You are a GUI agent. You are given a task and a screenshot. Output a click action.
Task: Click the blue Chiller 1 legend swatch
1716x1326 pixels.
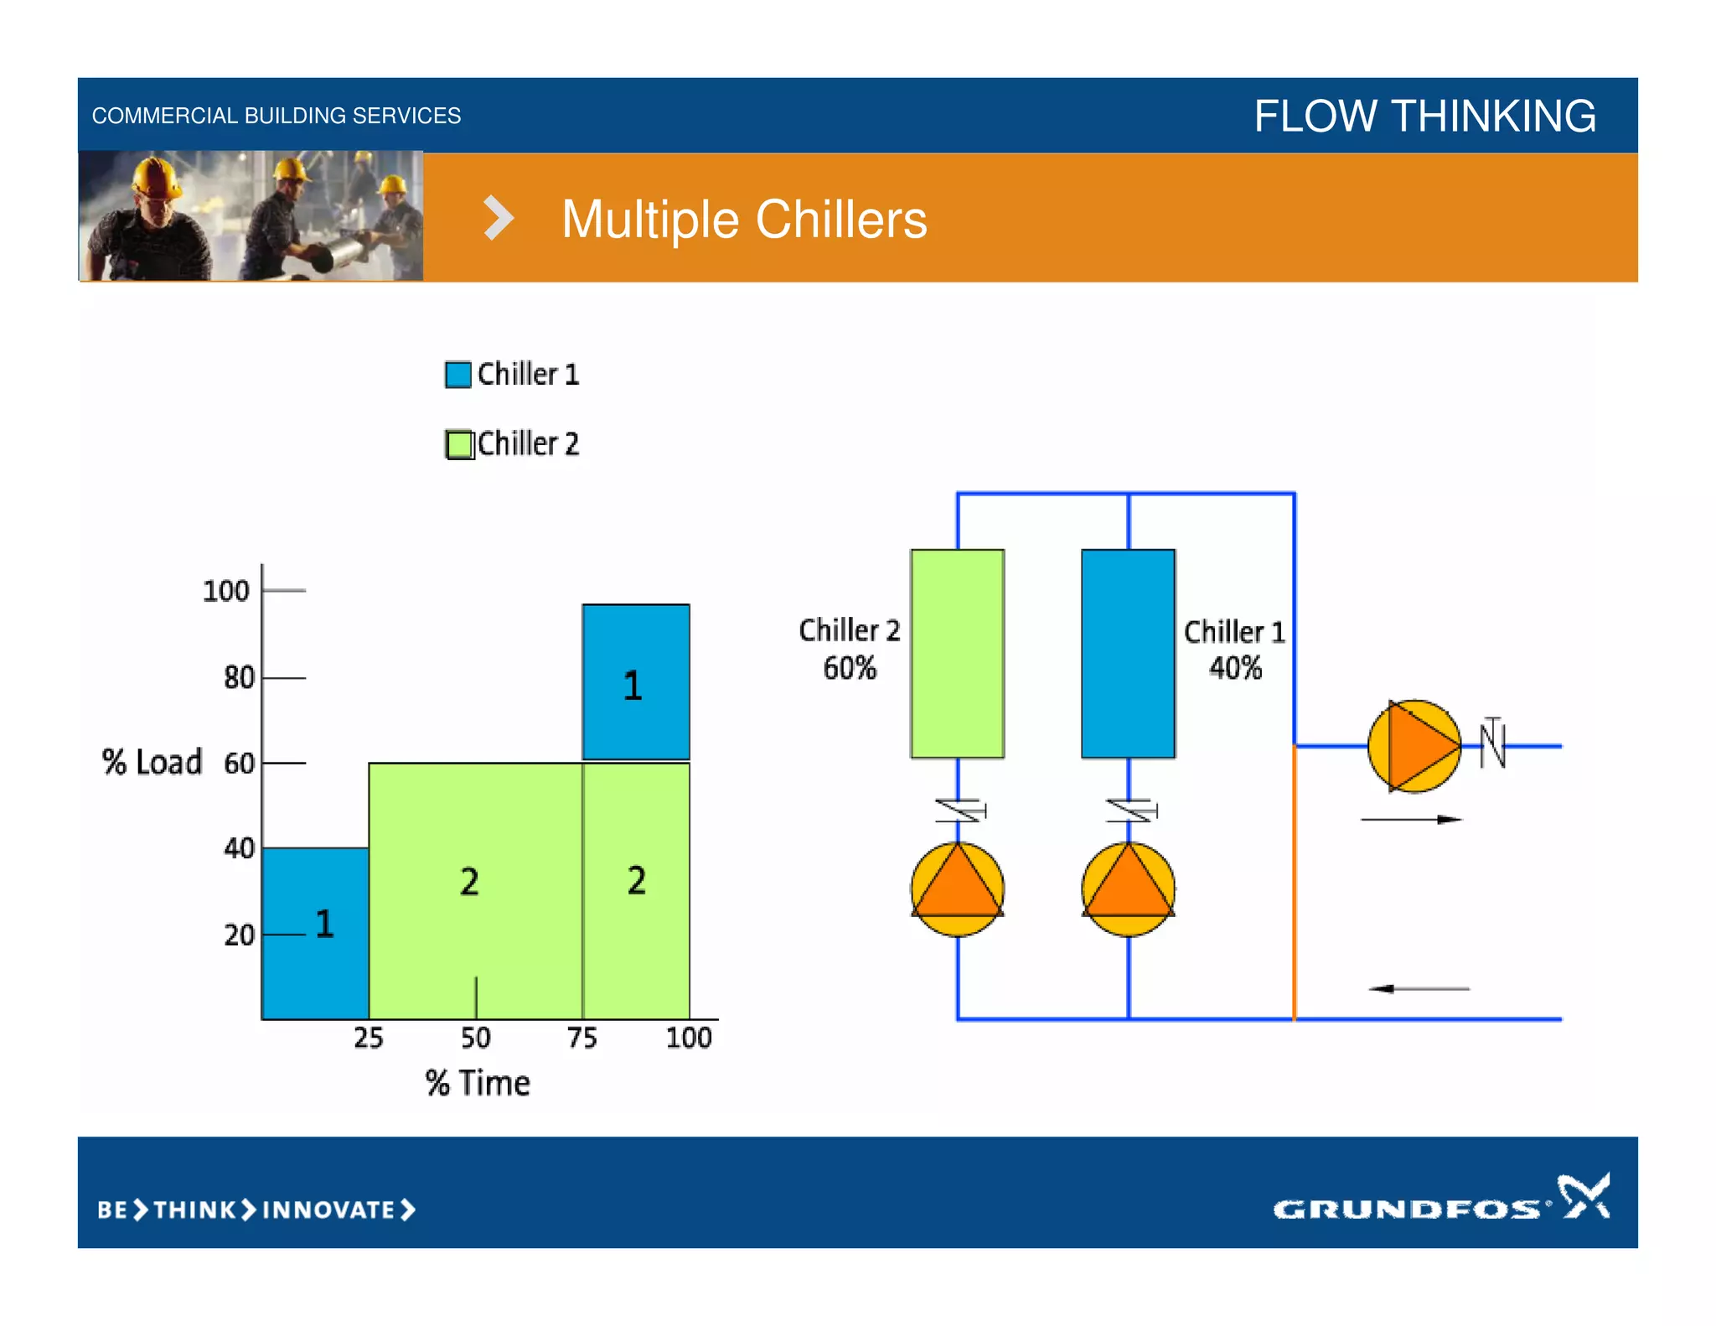[x=457, y=375]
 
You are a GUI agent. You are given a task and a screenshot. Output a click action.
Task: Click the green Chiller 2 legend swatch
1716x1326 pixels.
[x=458, y=444]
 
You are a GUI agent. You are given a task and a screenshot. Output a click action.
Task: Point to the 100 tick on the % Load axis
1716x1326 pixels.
[x=226, y=591]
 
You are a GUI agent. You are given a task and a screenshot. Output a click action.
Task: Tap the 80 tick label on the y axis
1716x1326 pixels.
[x=239, y=677]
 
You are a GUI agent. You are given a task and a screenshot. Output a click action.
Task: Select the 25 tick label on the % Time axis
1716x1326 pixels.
[x=368, y=1039]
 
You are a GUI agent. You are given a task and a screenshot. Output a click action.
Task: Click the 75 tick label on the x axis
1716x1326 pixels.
[x=581, y=1039]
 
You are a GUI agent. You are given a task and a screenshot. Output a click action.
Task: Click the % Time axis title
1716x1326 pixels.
[x=478, y=1083]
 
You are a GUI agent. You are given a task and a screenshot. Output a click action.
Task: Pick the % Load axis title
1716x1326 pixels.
[x=152, y=763]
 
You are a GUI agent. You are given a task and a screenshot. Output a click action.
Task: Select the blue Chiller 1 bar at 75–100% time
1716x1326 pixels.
[x=636, y=681]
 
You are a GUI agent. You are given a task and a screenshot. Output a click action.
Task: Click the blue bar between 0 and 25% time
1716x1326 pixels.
[x=315, y=933]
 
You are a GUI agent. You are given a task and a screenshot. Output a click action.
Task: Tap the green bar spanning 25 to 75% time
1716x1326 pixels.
[x=475, y=890]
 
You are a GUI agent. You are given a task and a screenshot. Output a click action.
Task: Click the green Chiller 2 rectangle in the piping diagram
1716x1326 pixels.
[x=957, y=654]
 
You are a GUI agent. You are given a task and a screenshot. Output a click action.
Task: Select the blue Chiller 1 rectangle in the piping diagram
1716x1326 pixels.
[x=1128, y=654]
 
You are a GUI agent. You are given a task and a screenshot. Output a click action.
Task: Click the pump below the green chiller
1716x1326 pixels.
[x=957, y=889]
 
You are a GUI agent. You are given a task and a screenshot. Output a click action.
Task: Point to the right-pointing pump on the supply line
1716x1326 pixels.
[x=1414, y=746]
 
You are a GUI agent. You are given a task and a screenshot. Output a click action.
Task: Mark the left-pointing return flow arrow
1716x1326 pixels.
[x=1418, y=989]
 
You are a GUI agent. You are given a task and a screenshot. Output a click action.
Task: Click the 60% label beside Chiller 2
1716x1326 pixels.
[x=849, y=668]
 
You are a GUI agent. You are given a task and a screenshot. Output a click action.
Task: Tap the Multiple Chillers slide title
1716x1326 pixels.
[x=744, y=220]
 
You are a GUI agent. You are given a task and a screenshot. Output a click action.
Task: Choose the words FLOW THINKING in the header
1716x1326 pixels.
[x=1424, y=116]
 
